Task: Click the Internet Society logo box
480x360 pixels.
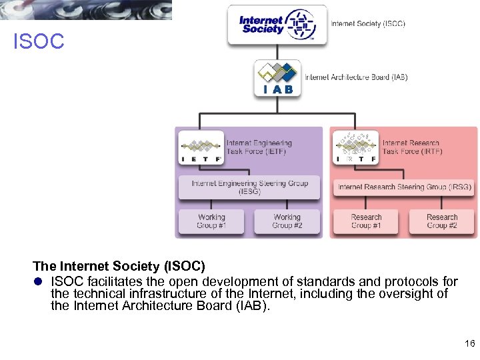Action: click(x=277, y=25)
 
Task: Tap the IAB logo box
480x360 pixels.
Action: click(x=277, y=79)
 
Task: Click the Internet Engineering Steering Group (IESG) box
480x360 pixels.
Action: click(x=249, y=187)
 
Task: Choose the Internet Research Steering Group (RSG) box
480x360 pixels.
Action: click(x=404, y=187)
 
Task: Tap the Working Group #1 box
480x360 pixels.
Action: click(x=211, y=221)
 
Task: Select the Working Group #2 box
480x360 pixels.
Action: click(x=287, y=221)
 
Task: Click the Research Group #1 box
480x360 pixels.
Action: click(x=366, y=221)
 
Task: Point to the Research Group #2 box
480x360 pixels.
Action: click(x=442, y=221)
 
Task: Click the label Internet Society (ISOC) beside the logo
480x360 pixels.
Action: click(x=368, y=24)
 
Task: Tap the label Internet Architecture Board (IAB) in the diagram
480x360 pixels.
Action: click(x=356, y=77)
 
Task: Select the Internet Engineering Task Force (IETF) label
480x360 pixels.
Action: click(x=259, y=147)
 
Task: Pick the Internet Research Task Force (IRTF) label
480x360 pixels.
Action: click(x=412, y=147)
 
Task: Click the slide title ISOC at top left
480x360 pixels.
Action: click(x=39, y=42)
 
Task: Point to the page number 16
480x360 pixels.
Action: click(x=469, y=343)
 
